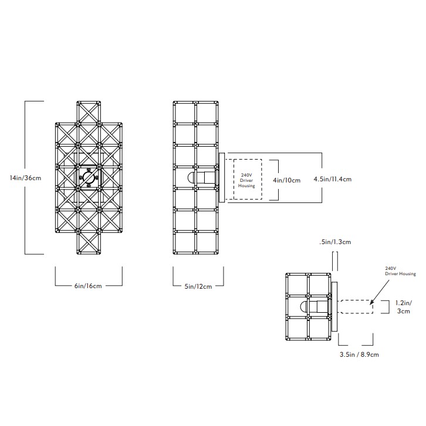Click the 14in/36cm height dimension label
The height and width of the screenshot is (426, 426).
[x=26, y=178]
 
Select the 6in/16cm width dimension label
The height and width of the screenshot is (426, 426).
[x=88, y=286]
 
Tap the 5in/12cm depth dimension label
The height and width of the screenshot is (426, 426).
[x=198, y=286]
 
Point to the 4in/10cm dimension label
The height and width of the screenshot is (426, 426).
[x=286, y=180]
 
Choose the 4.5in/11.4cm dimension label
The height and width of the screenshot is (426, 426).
[x=333, y=179]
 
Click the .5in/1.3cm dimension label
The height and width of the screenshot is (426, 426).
[x=335, y=242]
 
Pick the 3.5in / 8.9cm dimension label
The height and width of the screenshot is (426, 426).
[x=359, y=354]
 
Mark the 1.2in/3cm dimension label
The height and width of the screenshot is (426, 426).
[x=404, y=307]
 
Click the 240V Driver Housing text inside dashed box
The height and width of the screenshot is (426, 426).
[x=246, y=180]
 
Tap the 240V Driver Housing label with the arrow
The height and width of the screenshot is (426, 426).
[x=400, y=271]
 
